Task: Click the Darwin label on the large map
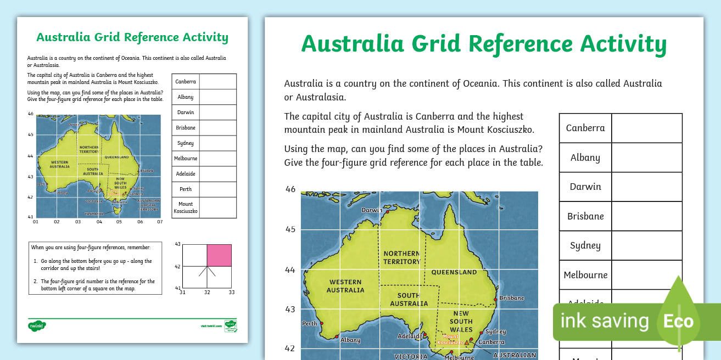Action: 372,210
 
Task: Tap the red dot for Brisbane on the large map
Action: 495,300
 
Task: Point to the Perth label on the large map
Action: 310,324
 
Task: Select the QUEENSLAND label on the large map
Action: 454,272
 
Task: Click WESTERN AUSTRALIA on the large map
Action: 346,286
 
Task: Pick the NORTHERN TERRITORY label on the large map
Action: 402,257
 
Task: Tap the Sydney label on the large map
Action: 495,331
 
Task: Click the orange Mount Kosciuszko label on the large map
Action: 449,339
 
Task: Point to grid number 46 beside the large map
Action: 290,189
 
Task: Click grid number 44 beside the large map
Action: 290,269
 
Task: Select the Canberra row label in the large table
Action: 585,128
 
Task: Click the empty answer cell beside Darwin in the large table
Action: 647,187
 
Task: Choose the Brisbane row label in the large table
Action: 585,216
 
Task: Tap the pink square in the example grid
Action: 219,255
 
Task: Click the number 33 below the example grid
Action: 232,292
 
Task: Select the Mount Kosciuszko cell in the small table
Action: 186,207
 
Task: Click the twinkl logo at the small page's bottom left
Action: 37,325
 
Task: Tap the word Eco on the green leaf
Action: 678,321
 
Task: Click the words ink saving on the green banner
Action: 604,321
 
